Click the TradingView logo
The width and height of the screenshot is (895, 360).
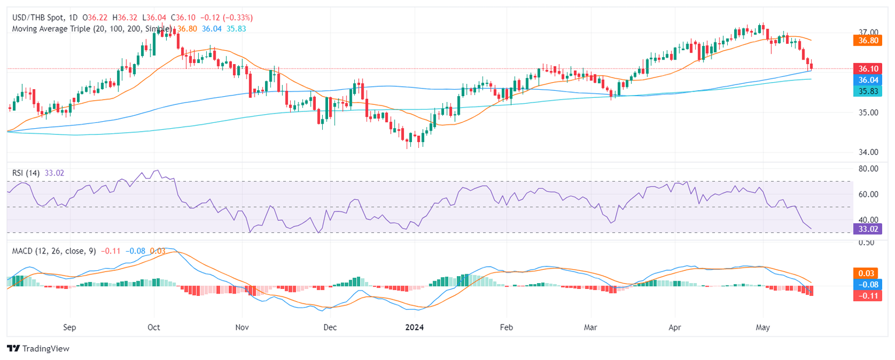point(38,348)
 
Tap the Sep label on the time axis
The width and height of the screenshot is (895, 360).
point(69,328)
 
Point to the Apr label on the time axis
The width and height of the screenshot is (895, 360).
point(676,328)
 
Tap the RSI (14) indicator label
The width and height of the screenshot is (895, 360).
point(26,172)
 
